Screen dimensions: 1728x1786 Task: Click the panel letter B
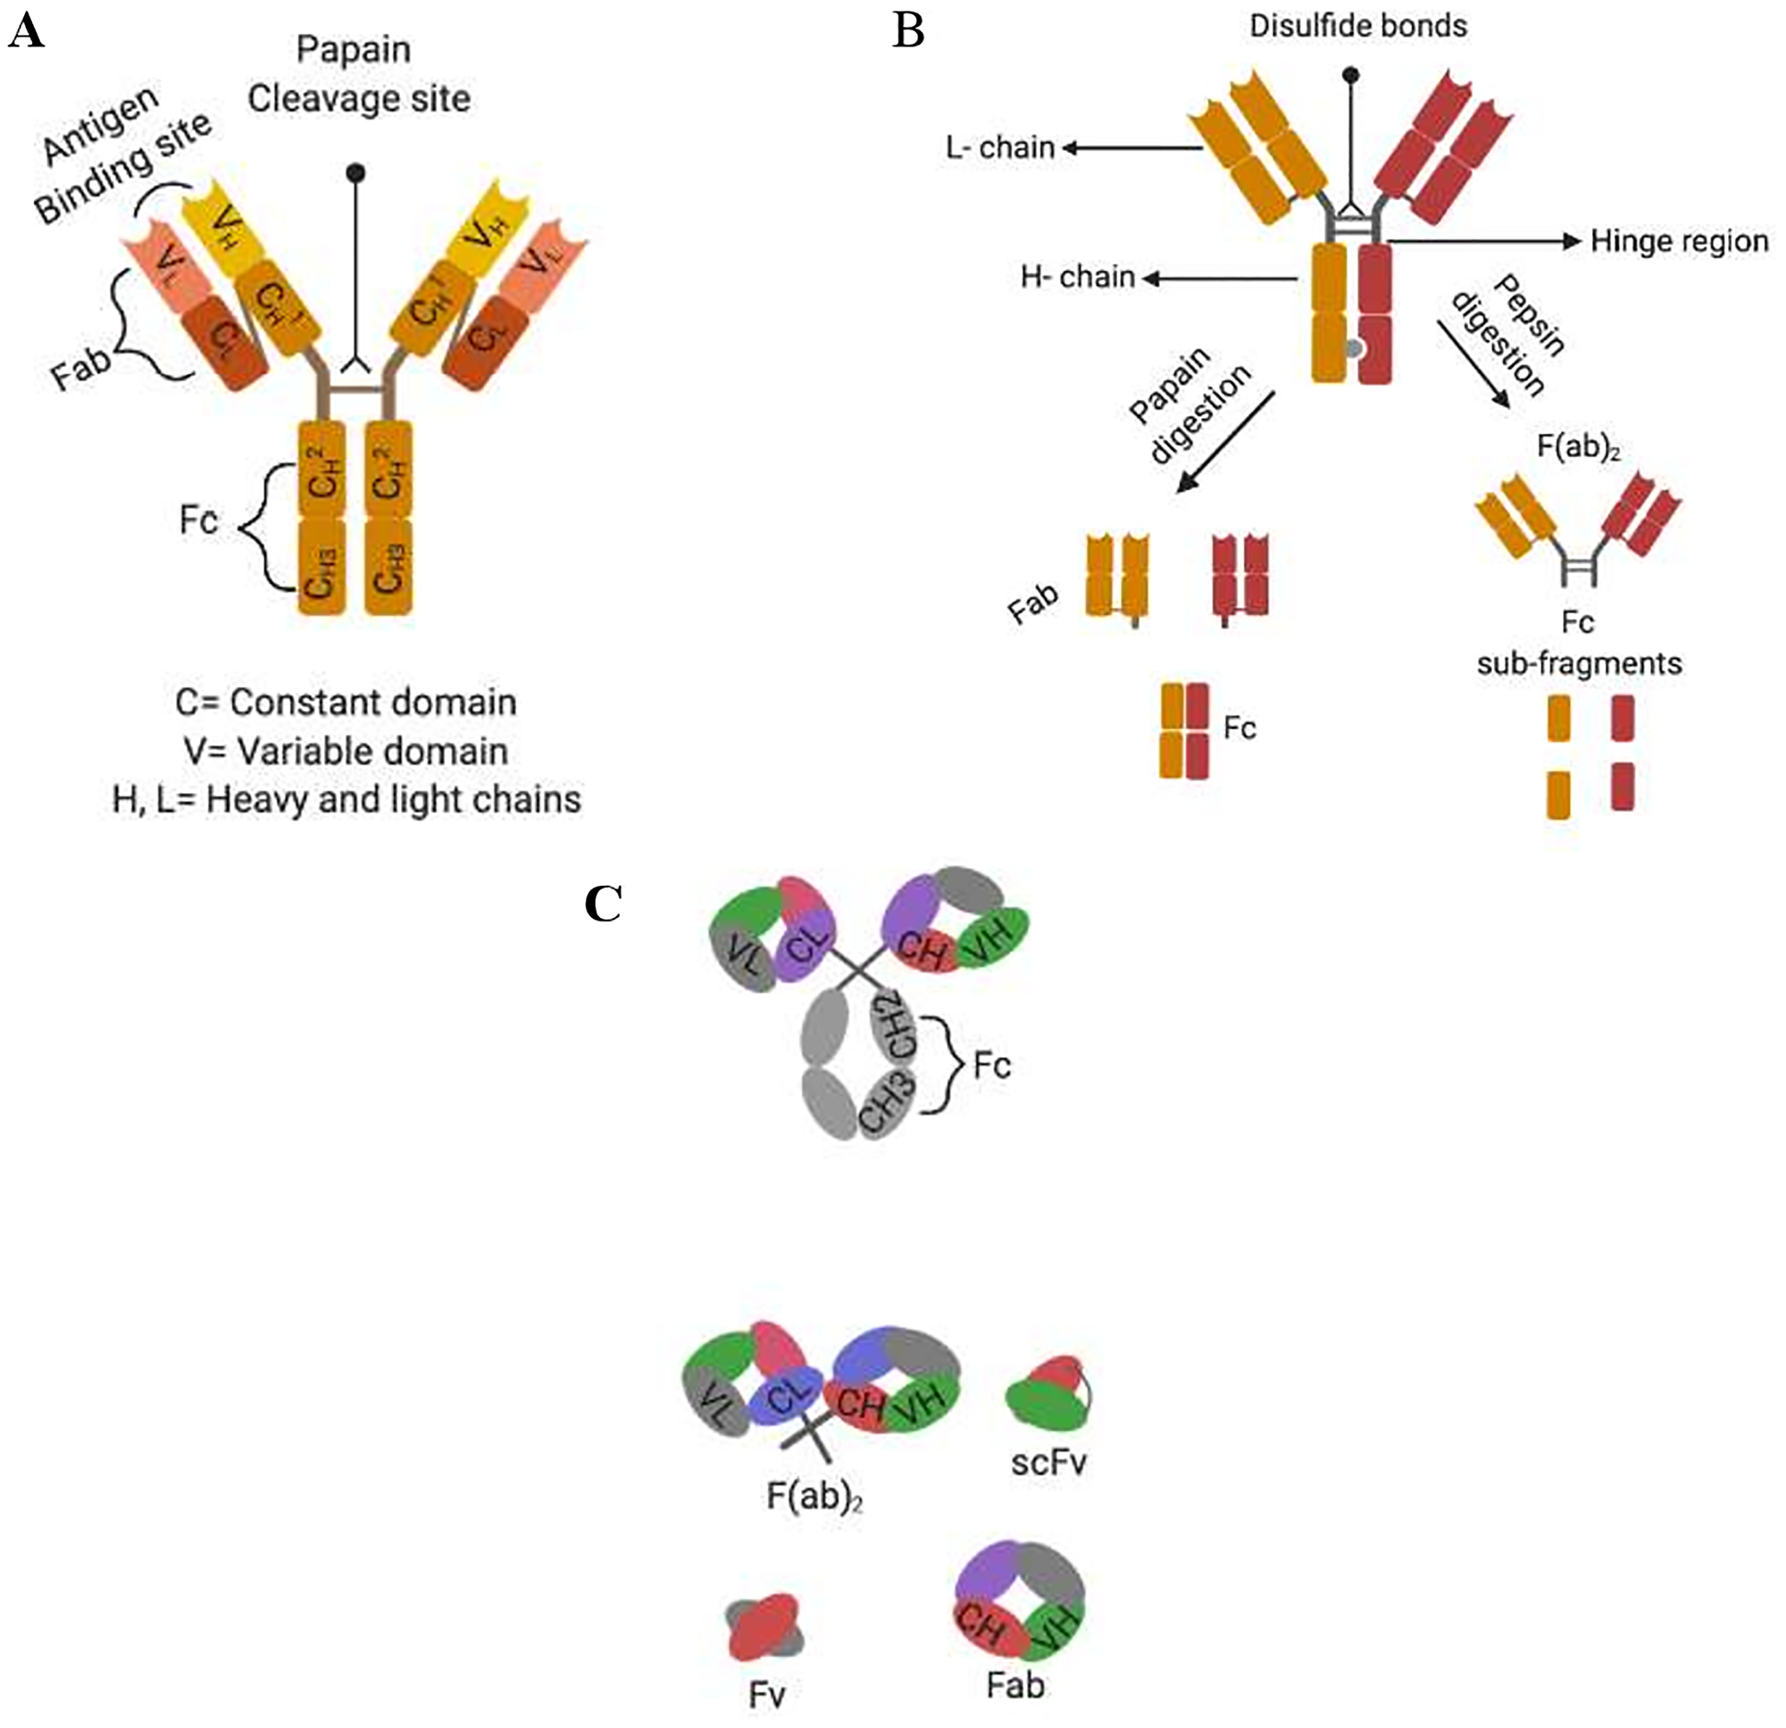point(908,33)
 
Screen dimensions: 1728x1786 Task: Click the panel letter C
point(604,904)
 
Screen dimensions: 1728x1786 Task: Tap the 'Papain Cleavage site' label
point(358,74)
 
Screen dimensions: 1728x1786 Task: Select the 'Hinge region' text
point(1679,241)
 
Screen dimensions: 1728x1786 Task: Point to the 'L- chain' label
point(999,147)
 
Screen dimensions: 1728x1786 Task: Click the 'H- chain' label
point(1077,277)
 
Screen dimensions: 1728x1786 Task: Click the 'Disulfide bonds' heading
point(1357,27)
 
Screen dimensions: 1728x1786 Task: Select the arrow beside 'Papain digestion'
point(1226,443)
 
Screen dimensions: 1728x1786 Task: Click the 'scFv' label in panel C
point(1048,1462)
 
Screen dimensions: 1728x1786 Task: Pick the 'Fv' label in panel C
point(766,1694)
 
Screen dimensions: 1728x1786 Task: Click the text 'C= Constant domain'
point(346,703)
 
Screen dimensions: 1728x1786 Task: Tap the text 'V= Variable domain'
point(346,752)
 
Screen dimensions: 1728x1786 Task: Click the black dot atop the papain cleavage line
point(355,172)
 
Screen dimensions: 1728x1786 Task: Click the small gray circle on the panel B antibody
point(1354,348)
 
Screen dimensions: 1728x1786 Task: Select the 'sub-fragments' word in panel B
point(1579,663)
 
